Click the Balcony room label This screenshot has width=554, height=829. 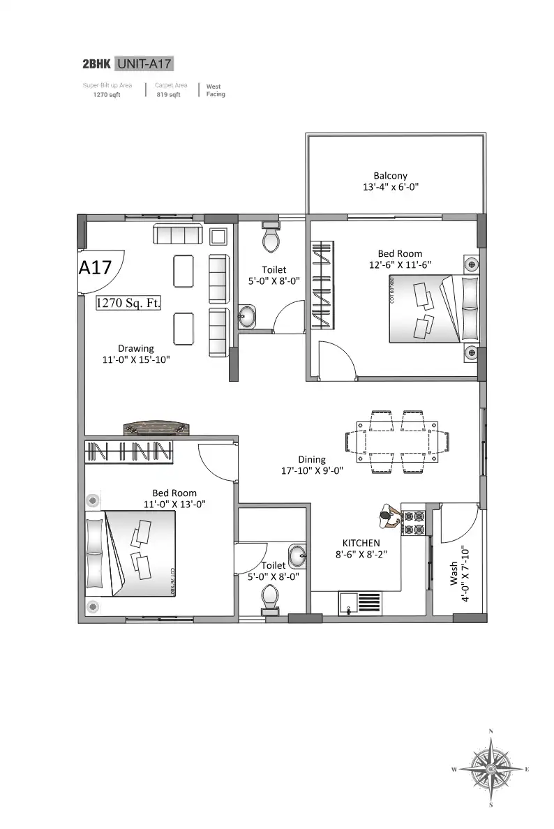[390, 176]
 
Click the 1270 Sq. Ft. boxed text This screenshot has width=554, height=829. [129, 303]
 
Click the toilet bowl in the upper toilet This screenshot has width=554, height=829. [271, 239]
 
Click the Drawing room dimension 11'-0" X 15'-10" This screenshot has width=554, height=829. [135, 359]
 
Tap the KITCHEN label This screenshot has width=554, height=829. [361, 543]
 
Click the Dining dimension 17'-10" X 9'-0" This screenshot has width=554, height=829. [311, 470]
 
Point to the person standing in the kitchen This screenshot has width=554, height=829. [387, 517]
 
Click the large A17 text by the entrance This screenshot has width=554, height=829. [96, 268]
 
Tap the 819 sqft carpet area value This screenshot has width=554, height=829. [168, 95]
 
